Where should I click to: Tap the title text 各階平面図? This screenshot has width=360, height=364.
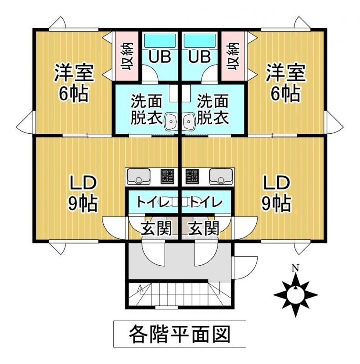pyautogui.click(x=179, y=334)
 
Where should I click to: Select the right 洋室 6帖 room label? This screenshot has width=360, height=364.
pyautogui.click(x=284, y=83)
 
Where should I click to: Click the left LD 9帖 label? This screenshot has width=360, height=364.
pyautogui.click(x=83, y=193)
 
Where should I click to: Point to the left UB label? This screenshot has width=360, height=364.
pyautogui.click(x=161, y=57)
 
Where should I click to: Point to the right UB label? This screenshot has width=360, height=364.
pyautogui.click(x=199, y=57)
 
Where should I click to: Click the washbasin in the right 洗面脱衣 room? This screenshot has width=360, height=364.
pyautogui.click(x=189, y=121)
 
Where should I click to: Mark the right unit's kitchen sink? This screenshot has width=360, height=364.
pyautogui.click(x=220, y=175)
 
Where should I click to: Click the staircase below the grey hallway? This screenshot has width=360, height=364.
pyautogui.click(x=180, y=294)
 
